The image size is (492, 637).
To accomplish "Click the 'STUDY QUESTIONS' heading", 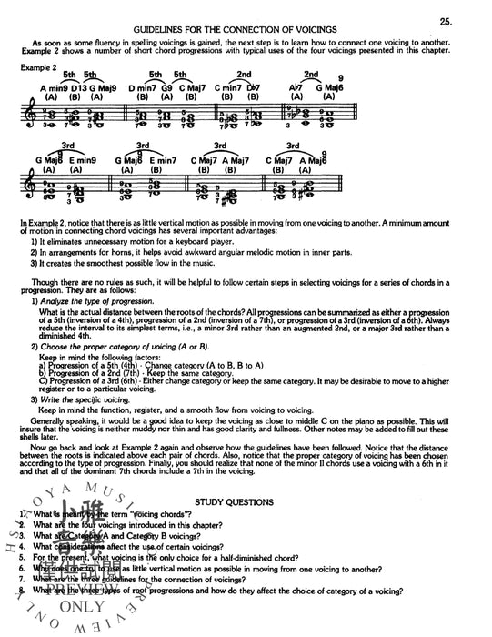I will (x=239, y=500).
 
